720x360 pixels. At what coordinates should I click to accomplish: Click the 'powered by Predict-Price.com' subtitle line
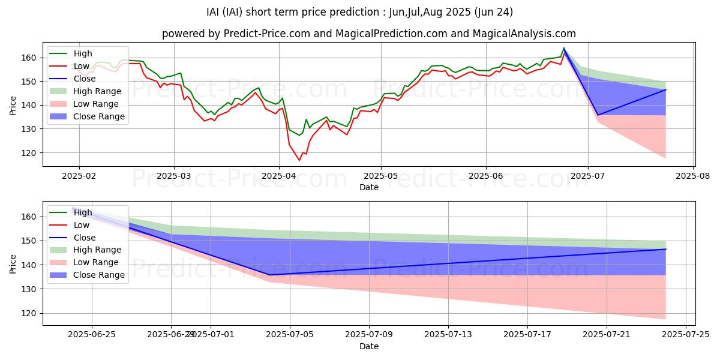pos(368,34)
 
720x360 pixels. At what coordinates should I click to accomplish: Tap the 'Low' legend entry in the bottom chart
pos(82,225)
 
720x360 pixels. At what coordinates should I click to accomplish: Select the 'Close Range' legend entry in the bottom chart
pos(98,275)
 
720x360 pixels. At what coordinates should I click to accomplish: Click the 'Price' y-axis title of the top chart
pos(13,105)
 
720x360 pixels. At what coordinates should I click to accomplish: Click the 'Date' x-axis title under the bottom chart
pos(368,346)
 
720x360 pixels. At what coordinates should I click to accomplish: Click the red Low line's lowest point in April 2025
pos(299,160)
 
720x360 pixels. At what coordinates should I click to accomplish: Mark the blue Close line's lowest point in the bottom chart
pos(270,275)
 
